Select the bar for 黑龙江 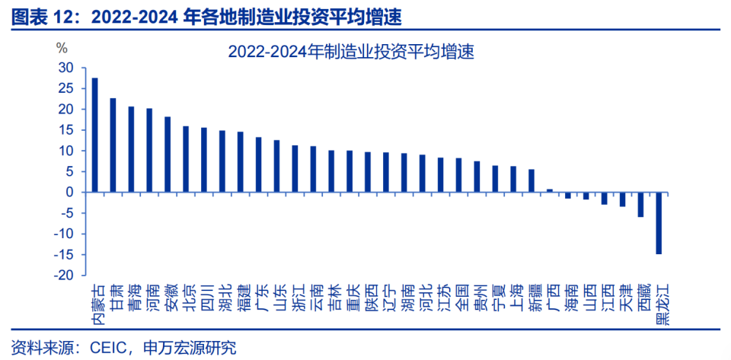point(659,223)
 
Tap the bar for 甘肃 point(113,145)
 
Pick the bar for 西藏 point(640,205)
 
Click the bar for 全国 point(458,175)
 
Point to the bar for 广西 point(550,190)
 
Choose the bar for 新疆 point(531,180)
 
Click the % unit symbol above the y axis point(62,47)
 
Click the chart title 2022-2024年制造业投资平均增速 point(350,52)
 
